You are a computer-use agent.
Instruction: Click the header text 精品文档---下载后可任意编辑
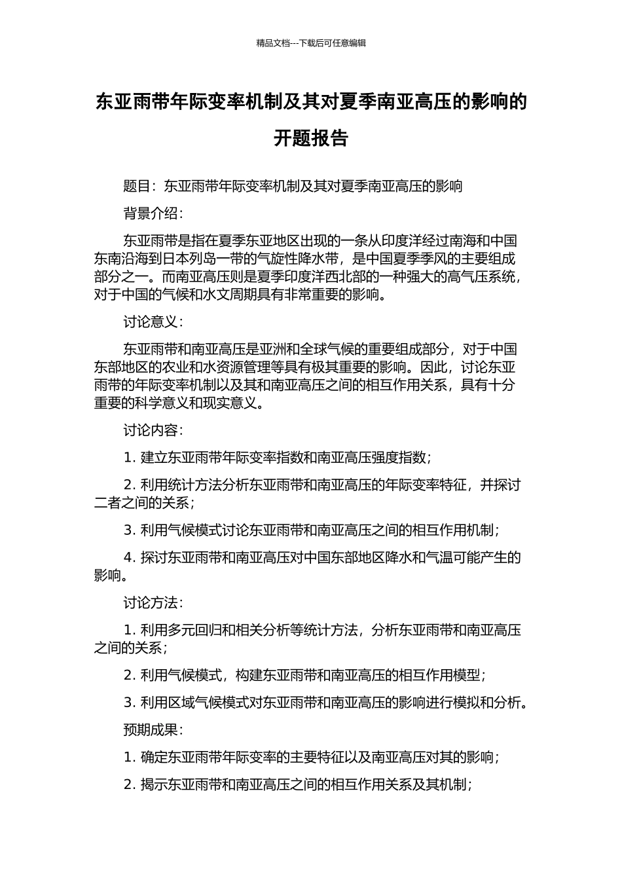tap(311, 43)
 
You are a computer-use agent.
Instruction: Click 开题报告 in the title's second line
tap(311, 138)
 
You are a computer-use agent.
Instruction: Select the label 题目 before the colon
tap(137, 186)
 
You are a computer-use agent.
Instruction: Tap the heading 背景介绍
tap(150, 213)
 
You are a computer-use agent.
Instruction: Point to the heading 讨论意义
tap(150, 321)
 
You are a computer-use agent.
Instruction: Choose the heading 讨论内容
tap(150, 430)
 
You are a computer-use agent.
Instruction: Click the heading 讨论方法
tap(150, 602)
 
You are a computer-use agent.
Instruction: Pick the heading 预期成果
tap(150, 729)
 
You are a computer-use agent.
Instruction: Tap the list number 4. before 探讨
tap(130, 557)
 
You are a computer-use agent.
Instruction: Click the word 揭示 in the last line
tap(155, 784)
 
